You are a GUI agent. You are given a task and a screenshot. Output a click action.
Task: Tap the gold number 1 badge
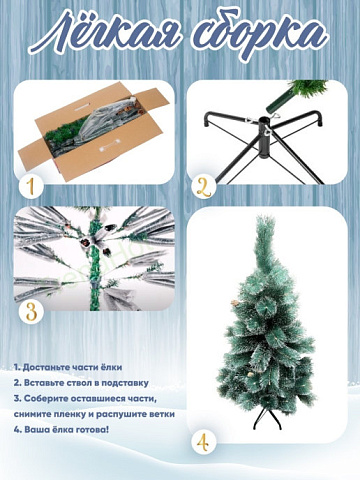pyautogui.click(x=31, y=187)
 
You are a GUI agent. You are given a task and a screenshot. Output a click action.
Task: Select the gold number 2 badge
pyautogui.click(x=204, y=188)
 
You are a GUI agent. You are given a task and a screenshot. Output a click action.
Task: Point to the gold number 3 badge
pyautogui.click(x=31, y=312)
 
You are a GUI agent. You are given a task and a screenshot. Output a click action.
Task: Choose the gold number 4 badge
pyautogui.click(x=203, y=442)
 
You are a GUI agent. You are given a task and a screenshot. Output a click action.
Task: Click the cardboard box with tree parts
pyautogui.click(x=94, y=131)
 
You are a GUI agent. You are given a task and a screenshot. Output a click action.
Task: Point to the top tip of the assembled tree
pyautogui.click(x=264, y=217)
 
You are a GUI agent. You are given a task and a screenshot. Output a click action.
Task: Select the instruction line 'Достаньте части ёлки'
pyautogui.click(x=68, y=367)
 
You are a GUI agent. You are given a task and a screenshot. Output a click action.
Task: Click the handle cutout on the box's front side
pyautogui.click(x=109, y=145)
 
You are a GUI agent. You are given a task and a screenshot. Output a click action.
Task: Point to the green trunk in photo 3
pyautogui.click(x=95, y=259)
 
